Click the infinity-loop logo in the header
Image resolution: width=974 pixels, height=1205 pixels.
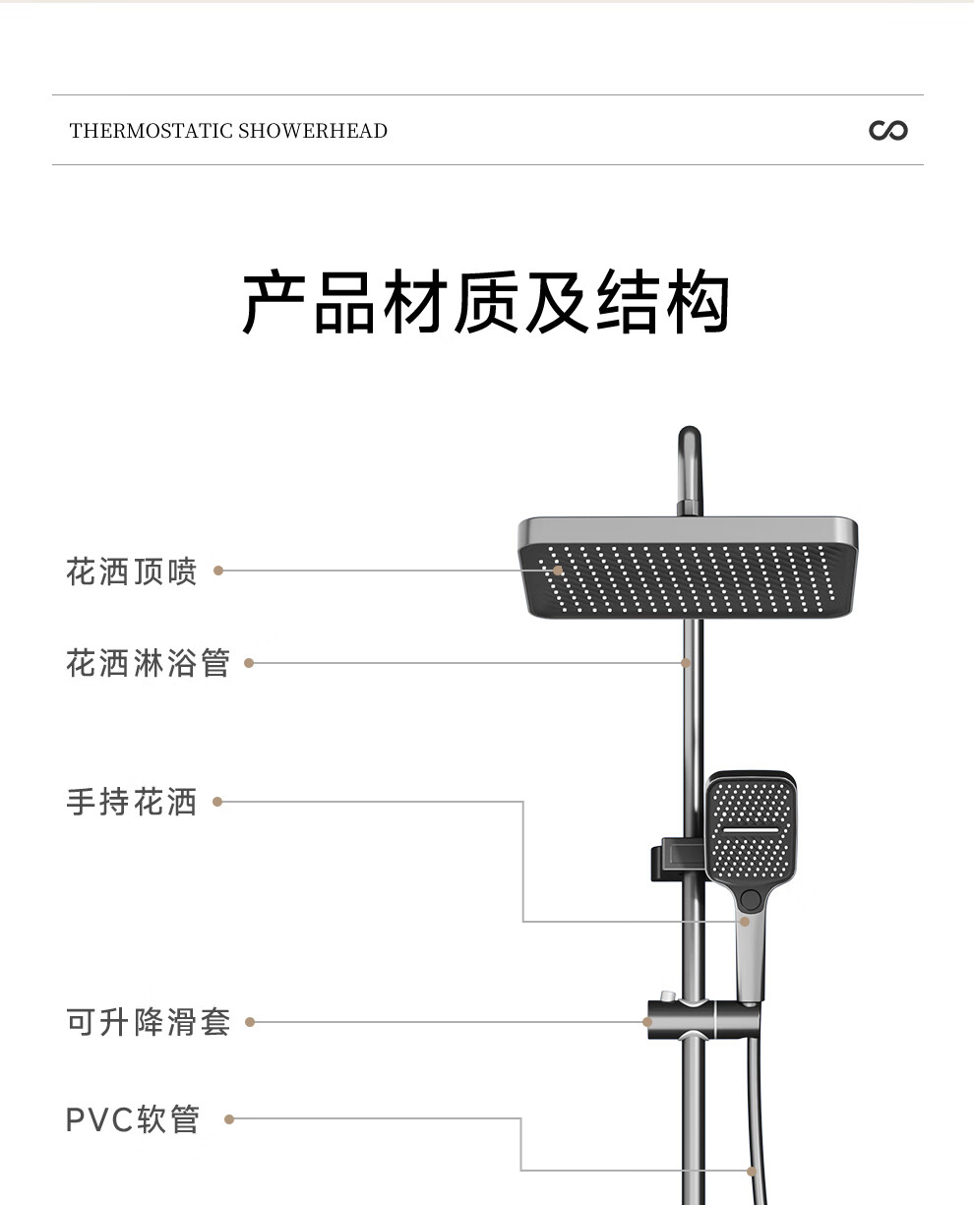click(x=888, y=130)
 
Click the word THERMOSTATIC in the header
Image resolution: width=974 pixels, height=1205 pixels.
click(x=152, y=131)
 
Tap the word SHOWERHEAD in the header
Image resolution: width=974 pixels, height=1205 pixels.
click(x=313, y=131)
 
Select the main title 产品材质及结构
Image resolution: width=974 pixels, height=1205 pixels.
click(x=486, y=302)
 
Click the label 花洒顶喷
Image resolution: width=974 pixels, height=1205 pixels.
click(x=131, y=571)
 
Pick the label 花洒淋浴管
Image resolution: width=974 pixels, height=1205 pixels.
click(x=148, y=662)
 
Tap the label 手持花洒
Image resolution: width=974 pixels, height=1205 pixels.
click(x=131, y=801)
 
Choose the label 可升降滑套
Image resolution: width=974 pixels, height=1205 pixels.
click(x=148, y=1022)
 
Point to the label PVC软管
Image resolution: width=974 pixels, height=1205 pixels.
click(x=133, y=1119)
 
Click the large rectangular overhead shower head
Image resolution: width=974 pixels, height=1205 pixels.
click(x=688, y=567)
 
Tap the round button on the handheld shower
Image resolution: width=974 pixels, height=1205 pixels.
click(x=750, y=899)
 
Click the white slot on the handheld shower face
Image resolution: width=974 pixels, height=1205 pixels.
click(x=751, y=830)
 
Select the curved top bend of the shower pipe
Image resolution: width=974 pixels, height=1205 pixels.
click(x=690, y=452)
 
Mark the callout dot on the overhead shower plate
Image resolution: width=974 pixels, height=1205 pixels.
click(x=558, y=571)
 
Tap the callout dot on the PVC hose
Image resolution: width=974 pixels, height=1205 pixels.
click(x=752, y=1170)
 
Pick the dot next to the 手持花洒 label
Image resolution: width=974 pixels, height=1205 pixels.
click(x=217, y=801)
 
